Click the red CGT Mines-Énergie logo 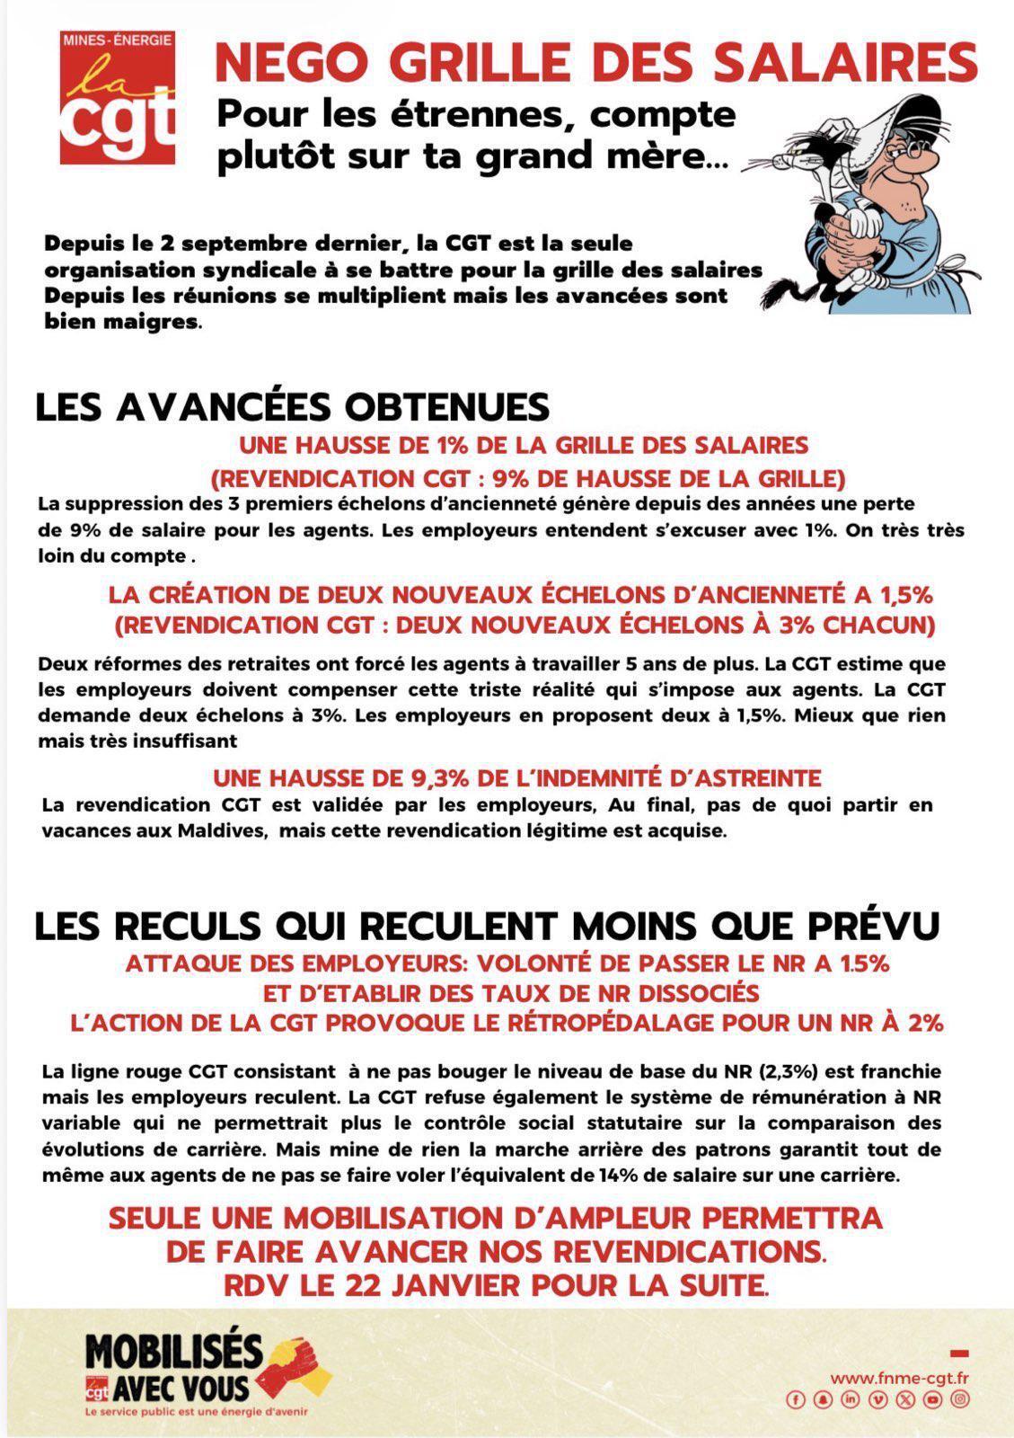(x=118, y=98)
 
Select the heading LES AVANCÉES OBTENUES (x=292, y=407)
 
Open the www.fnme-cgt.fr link (x=900, y=1378)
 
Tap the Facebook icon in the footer (x=796, y=1399)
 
